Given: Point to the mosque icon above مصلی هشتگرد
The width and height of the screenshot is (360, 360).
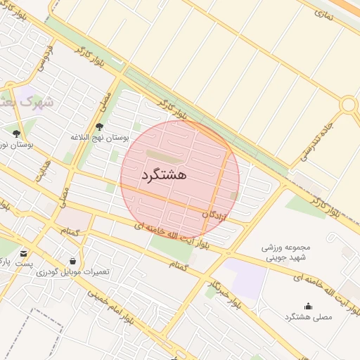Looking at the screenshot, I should pyautogui.click(x=307, y=306).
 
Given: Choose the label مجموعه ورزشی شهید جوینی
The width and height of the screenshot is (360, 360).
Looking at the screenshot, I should pyautogui.click(x=285, y=252).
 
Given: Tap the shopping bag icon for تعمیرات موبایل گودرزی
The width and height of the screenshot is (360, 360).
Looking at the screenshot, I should pyautogui.click(x=72, y=261).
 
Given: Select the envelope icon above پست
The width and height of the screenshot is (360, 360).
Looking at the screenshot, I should pyautogui.click(x=25, y=254).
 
